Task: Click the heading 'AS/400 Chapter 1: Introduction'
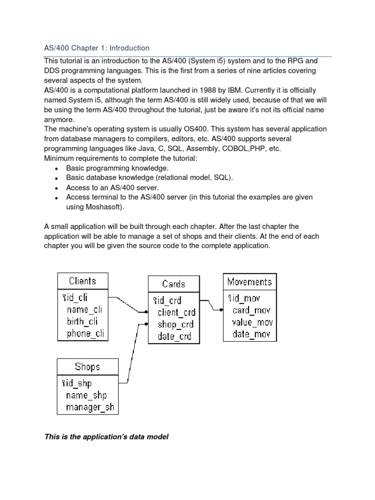click(x=97, y=48)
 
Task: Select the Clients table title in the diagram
click(x=83, y=281)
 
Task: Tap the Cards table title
click(x=173, y=283)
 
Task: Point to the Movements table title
click(x=250, y=282)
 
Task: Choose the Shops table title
click(x=87, y=367)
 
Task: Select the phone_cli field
click(x=86, y=333)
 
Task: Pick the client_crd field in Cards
click(x=176, y=312)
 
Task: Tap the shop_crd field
click(x=175, y=324)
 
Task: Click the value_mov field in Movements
click(x=252, y=322)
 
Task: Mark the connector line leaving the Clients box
click(x=126, y=303)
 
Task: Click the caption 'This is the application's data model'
click(x=106, y=437)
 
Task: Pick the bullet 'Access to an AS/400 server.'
click(x=113, y=187)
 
